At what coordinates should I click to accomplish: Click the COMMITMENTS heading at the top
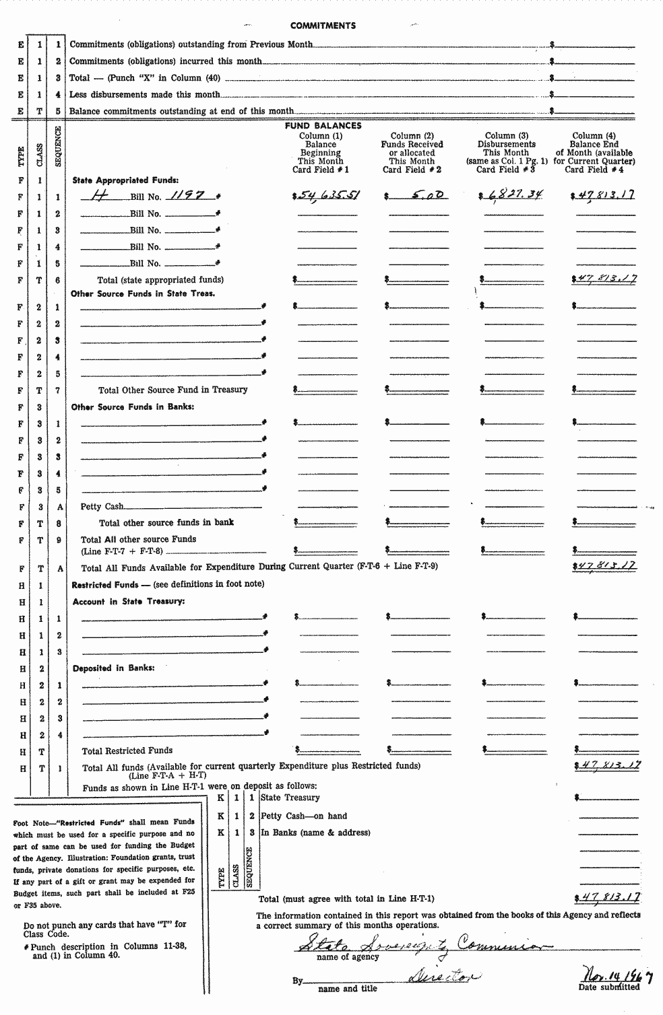[x=323, y=26]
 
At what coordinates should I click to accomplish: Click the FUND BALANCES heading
[x=323, y=126]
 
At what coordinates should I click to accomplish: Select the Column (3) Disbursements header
[x=506, y=152]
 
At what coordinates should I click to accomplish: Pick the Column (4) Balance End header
[x=594, y=152]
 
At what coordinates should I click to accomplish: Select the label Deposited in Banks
[x=113, y=668]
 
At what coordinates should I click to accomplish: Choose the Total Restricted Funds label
[x=127, y=750]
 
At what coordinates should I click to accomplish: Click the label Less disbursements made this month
[x=145, y=95]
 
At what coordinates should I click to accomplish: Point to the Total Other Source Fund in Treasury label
[x=173, y=390]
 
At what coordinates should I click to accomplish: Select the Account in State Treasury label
[x=129, y=602]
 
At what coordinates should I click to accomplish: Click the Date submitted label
[x=609, y=987]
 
